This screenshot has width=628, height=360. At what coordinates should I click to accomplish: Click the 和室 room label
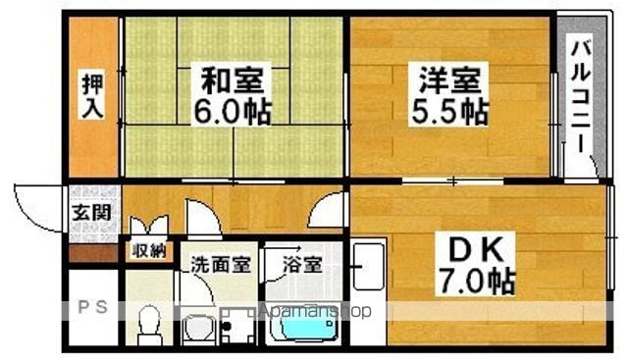click(x=233, y=80)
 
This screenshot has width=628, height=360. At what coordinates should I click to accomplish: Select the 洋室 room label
click(x=449, y=79)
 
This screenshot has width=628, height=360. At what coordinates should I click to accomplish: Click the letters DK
click(x=475, y=250)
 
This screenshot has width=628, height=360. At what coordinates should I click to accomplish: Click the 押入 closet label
click(x=93, y=96)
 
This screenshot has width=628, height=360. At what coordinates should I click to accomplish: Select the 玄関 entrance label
click(x=91, y=213)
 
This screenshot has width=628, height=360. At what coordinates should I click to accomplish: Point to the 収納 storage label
click(x=149, y=251)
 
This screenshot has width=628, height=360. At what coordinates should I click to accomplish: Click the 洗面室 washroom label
click(x=220, y=264)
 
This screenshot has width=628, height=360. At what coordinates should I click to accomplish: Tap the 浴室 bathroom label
click(x=302, y=264)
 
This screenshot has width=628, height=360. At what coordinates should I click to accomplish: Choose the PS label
click(x=92, y=307)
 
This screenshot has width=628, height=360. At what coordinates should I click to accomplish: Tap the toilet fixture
click(x=150, y=325)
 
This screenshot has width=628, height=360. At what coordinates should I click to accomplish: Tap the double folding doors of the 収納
click(x=149, y=225)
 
